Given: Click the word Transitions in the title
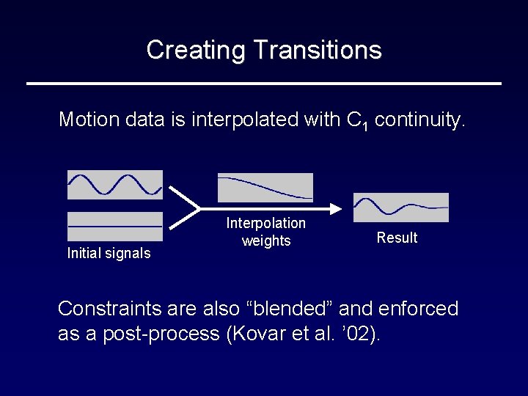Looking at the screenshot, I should pos(317,50).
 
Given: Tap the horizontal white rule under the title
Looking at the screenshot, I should pos(264,84).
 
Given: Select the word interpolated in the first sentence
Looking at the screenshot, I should pos(247,120).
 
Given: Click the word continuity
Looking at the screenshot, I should pos(419,120).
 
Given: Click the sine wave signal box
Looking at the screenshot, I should pos(115,185).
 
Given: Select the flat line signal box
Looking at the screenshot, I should pos(115,227).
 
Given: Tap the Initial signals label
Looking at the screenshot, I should pos(109,254).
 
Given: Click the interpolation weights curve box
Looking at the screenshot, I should pos(265,188).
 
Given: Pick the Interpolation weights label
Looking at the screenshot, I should pos(265,232).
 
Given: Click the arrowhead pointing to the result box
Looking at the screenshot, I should pos(337,208).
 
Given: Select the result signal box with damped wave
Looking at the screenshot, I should pos(400,208).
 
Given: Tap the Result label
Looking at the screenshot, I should pos(397,238).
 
